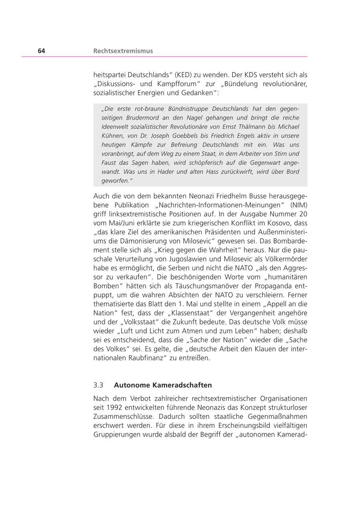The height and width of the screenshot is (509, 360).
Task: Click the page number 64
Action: click(42, 51)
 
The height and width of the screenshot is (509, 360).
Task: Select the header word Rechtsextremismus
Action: click(123, 51)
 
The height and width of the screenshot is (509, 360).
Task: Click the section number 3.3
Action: click(98, 385)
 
